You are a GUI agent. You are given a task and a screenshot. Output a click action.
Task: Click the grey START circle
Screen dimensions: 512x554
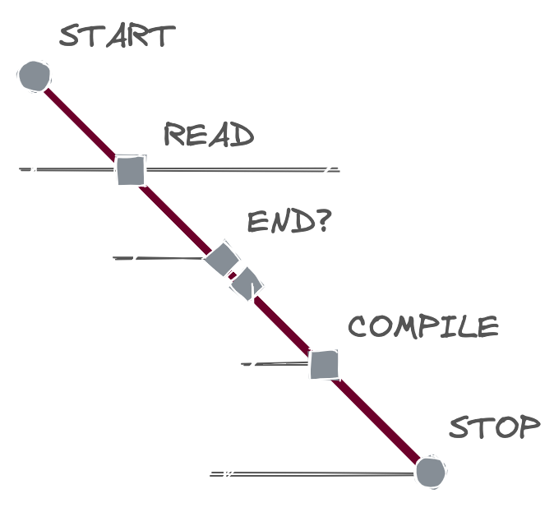(35, 76)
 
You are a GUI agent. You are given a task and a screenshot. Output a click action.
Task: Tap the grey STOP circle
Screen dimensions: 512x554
(429, 473)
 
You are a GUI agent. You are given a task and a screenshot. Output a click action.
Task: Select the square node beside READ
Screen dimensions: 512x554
(130, 170)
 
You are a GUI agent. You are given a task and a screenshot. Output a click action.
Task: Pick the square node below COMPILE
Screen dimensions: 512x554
(324, 363)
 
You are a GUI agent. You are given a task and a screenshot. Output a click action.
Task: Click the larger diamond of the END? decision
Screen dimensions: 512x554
(220, 259)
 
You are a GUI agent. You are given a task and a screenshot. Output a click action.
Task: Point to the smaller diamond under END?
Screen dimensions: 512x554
(247, 284)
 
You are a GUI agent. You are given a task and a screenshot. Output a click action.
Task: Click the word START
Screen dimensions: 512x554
(117, 37)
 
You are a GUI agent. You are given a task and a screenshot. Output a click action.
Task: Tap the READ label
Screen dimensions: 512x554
(209, 134)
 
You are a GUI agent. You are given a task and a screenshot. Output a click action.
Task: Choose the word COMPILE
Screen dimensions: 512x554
(422, 327)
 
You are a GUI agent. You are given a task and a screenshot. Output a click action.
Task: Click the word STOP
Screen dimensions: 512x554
(494, 428)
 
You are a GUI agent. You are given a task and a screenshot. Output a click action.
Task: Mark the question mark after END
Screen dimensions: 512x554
(320, 220)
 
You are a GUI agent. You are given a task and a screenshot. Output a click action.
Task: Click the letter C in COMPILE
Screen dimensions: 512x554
(359, 327)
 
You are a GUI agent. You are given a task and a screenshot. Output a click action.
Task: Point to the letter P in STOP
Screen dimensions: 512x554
(529, 428)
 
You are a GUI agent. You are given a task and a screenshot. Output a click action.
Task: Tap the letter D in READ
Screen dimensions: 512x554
(242, 135)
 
